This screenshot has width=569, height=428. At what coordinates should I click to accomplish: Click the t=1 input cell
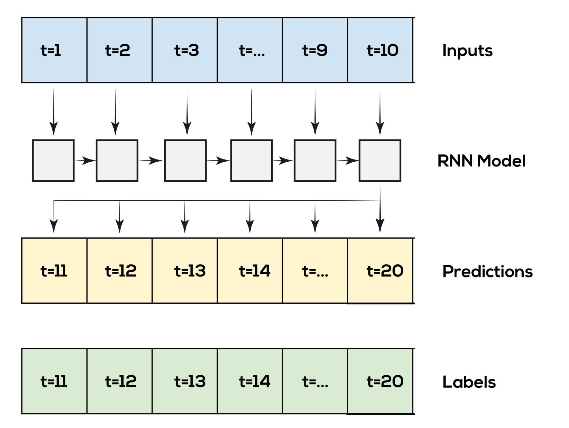[x=54, y=50]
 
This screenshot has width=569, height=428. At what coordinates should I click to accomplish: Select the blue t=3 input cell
[x=185, y=50]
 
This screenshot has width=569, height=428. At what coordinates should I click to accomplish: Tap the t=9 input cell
[x=315, y=50]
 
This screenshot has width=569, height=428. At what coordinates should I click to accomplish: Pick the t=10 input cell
[x=380, y=50]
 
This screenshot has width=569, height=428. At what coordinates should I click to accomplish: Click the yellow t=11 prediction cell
[x=54, y=271]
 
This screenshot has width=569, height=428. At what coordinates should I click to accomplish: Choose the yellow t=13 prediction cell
[x=185, y=271]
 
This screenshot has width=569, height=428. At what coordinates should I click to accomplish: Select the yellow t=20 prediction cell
[x=380, y=271]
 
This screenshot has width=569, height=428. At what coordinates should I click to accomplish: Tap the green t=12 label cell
[x=120, y=381]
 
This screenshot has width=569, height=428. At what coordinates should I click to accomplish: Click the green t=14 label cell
[x=250, y=381]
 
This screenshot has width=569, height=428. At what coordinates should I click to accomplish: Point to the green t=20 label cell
[x=380, y=381]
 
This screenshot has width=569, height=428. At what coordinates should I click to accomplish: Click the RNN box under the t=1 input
[x=53, y=160]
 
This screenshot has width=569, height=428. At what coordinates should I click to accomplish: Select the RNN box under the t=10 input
[x=380, y=160]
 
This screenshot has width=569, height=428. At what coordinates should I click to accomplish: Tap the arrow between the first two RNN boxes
[x=85, y=161]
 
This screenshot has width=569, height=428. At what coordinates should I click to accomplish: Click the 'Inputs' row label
[x=469, y=51]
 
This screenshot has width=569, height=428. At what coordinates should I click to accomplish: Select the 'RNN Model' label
[x=481, y=161]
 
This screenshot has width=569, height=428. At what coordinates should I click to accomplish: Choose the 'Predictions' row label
[x=488, y=271]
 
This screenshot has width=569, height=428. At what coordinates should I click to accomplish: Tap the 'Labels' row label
[x=470, y=382]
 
